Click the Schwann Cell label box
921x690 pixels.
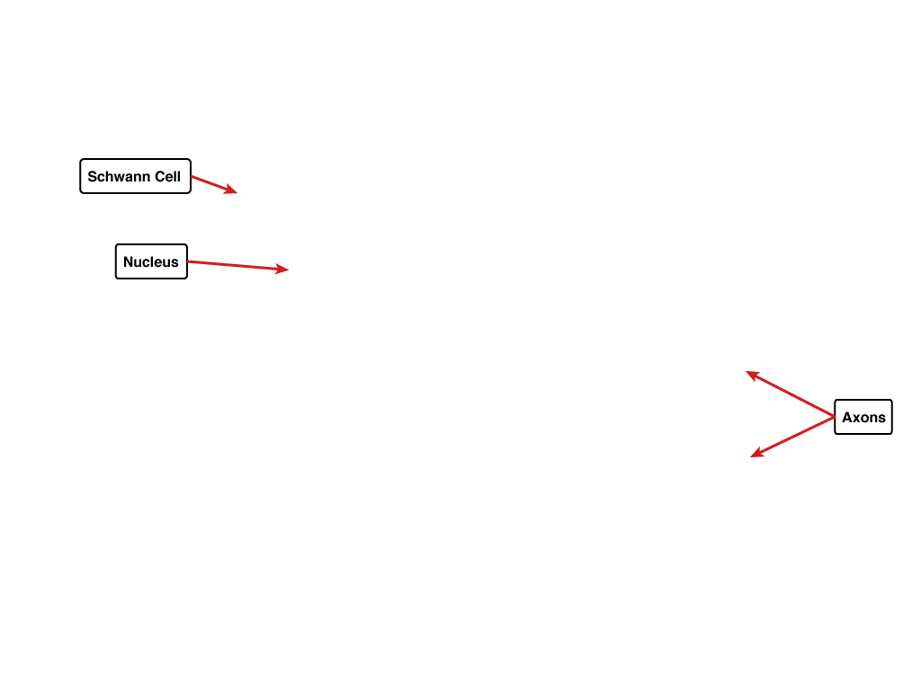point(135,176)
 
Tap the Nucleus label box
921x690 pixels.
point(151,261)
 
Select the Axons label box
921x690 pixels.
point(863,417)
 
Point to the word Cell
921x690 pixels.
point(167,177)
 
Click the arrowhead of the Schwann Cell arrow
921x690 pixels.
point(237,192)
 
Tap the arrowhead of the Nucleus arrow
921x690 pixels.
point(289,270)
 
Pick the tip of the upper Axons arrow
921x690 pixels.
point(746,371)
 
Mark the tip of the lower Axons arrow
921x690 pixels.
point(751,456)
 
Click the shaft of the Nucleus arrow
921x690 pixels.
point(237,265)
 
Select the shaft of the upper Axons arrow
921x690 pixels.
point(790,394)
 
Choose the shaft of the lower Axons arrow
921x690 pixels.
point(792,437)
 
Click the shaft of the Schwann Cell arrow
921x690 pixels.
point(214,184)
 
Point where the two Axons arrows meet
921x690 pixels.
point(834,417)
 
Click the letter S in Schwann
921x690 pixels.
point(93,177)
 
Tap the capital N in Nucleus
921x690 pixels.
point(129,261)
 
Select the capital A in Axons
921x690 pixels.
point(847,417)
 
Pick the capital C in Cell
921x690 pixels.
point(160,177)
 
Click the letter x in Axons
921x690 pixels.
point(858,419)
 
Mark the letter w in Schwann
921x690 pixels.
point(120,178)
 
